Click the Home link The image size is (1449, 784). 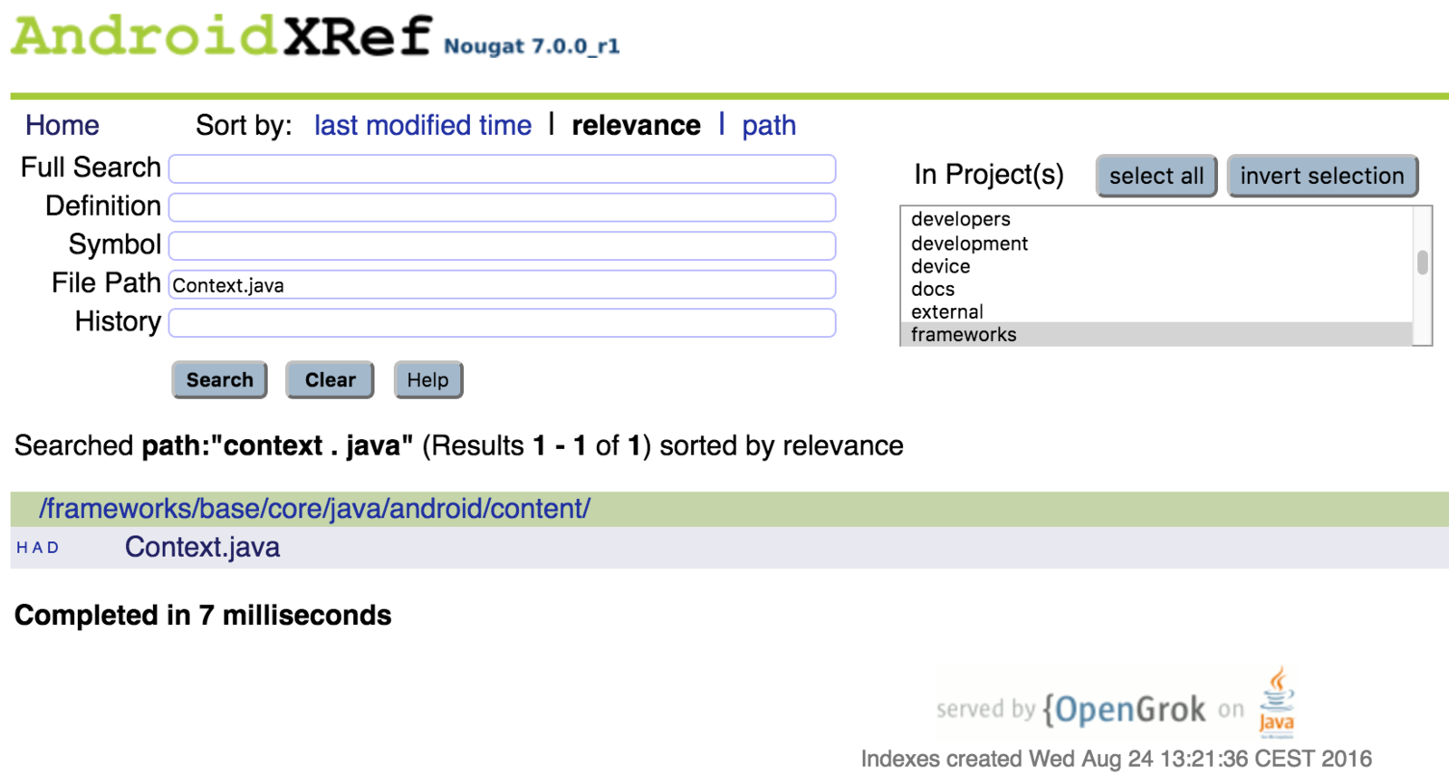pos(62,125)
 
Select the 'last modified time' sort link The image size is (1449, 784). pos(422,125)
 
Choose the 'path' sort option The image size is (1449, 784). pos(769,125)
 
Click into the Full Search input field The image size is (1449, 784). pos(502,168)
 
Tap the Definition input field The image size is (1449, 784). pos(502,207)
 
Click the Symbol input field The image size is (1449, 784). pos(502,245)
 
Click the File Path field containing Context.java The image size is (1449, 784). pos(502,284)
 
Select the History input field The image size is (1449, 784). pos(502,323)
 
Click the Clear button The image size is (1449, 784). pos(330,380)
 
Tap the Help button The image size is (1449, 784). pos(427,380)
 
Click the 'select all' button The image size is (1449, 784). pos(1156,176)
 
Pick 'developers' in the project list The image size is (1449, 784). pos(961,219)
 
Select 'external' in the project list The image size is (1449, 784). pos(946,311)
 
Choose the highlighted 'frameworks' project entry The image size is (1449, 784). pos(964,335)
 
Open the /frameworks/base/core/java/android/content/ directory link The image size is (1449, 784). pos(314,509)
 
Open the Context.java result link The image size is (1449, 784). pos(202,548)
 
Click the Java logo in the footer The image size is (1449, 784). pos(1277,703)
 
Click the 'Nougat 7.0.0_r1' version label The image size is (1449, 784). pos(532,46)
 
